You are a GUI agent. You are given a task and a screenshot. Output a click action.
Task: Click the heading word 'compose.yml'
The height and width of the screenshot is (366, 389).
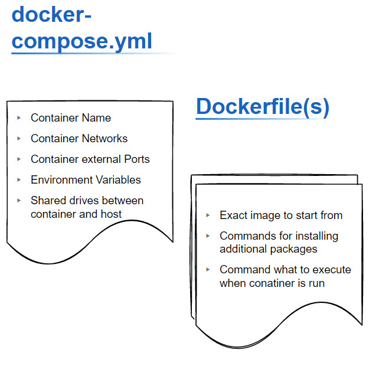pyautogui.click(x=82, y=41)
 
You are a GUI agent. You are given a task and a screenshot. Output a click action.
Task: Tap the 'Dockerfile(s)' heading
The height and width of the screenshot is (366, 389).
pyautogui.click(x=262, y=107)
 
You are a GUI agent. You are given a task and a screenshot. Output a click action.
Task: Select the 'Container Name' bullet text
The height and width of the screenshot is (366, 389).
pyautogui.click(x=71, y=118)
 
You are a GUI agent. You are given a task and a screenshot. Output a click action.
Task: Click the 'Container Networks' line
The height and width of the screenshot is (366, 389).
pyautogui.click(x=79, y=139)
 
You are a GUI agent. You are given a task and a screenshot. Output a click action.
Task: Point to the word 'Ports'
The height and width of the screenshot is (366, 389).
pyautogui.click(x=137, y=159)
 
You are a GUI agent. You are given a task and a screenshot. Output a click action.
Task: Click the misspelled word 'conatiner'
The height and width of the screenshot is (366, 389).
pyautogui.click(x=273, y=283)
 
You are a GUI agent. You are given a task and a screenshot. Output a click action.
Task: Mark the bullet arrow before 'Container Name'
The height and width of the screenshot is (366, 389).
pyautogui.click(x=19, y=118)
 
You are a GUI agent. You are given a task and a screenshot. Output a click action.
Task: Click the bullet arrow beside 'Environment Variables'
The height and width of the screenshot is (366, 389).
pyautogui.click(x=19, y=180)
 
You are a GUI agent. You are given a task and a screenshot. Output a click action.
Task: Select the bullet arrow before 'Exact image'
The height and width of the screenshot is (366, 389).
pyautogui.click(x=208, y=215)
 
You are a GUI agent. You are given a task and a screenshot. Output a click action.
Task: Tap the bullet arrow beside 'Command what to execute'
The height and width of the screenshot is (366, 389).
pyautogui.click(x=208, y=270)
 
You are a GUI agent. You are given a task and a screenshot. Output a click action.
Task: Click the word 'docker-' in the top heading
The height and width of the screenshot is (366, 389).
pyautogui.click(x=52, y=14)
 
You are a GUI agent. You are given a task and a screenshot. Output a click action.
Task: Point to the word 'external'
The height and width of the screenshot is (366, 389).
pyautogui.click(x=97, y=159)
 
